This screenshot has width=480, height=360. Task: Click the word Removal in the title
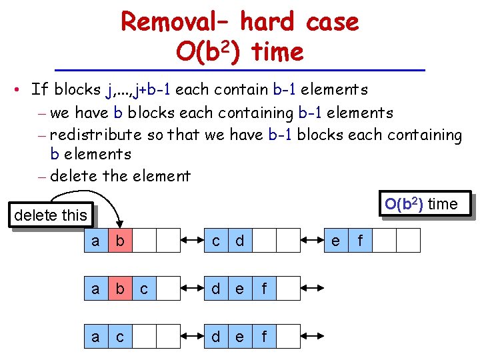point(171,23)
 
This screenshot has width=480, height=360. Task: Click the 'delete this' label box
point(51,215)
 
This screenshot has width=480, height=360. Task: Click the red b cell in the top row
point(121,240)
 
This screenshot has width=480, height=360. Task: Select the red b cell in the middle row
point(121,289)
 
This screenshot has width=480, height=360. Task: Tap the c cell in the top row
point(217,240)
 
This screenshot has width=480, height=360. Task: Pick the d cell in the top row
point(240,240)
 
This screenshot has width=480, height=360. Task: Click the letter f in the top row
point(361,240)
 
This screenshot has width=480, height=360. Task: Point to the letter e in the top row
point(336,240)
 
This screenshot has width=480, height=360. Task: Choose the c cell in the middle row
point(145,289)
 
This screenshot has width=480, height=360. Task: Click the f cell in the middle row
point(264,289)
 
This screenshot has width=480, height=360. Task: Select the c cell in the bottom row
point(121,337)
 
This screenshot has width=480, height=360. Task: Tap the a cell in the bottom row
point(97,337)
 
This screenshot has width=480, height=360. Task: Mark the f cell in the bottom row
point(264,337)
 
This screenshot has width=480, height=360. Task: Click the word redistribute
point(95,135)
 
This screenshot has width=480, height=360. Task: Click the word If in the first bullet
point(39,89)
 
